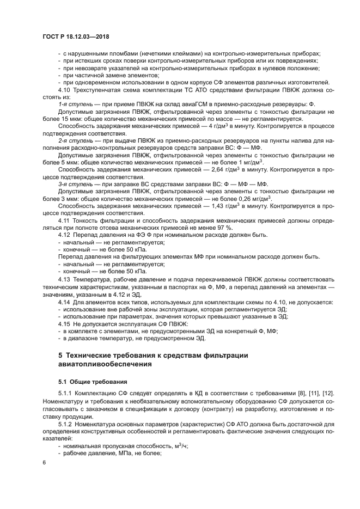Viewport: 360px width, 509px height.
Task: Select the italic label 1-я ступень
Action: [74, 104]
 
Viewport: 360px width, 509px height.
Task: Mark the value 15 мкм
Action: [72, 119]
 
